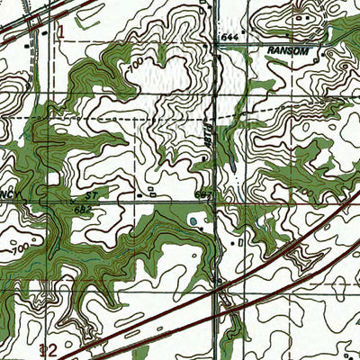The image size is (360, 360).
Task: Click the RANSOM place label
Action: pos(288,52)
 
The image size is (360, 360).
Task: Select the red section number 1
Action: pos(61,31)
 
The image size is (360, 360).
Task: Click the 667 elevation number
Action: pos(202,194)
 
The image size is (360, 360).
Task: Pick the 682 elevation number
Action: pos(83,209)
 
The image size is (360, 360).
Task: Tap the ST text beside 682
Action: pos(90,194)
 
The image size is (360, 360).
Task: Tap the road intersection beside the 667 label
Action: pos(215,200)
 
